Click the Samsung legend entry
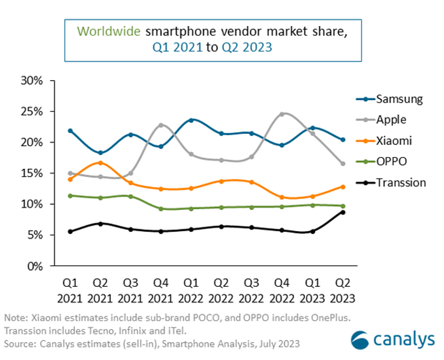pos(399,99)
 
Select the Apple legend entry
pos(391,120)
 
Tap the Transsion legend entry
pos(401,182)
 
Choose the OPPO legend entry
pos(391,162)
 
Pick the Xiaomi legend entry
pos(394,141)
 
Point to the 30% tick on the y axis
pos(32,81)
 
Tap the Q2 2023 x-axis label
pos(342,291)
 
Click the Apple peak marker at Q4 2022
pos(282,114)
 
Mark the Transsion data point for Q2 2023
pos(342,212)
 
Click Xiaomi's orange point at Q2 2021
pos(100,163)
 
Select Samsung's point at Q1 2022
pos(191,120)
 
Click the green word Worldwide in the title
pos(109,31)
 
